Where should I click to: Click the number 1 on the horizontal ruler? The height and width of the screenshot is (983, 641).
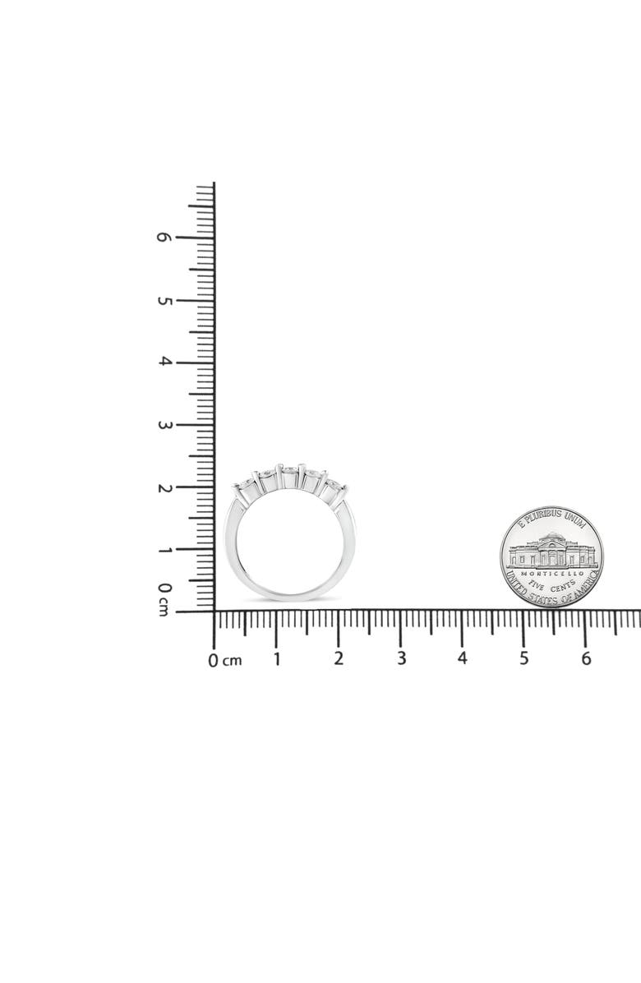click(276, 659)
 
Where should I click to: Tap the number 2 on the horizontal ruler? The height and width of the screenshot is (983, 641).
click(339, 658)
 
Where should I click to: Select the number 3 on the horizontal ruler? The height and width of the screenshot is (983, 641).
click(401, 658)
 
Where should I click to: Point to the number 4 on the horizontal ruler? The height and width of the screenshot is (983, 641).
click(463, 658)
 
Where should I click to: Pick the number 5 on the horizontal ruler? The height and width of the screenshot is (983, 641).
click(523, 658)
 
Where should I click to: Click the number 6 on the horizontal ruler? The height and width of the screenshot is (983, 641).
click(586, 658)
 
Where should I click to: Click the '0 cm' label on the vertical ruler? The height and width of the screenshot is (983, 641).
click(164, 598)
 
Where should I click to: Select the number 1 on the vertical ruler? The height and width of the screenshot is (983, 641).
click(164, 551)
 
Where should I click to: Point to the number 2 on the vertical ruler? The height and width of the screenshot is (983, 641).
click(164, 487)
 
